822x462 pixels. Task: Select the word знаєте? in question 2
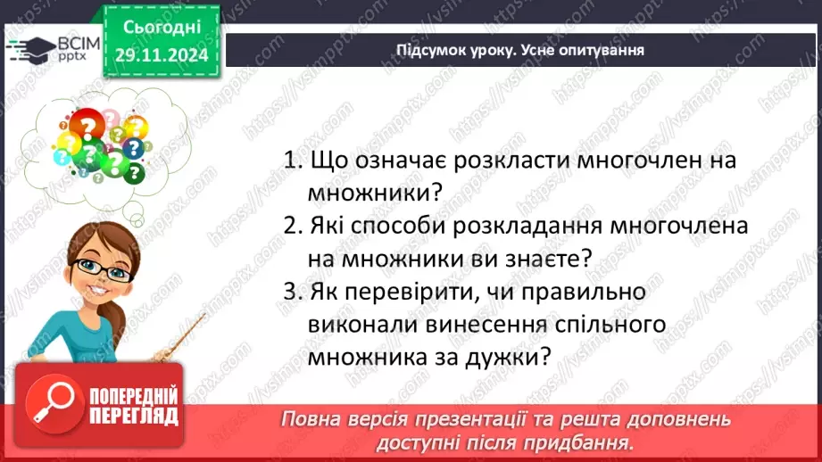click(550, 259)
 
